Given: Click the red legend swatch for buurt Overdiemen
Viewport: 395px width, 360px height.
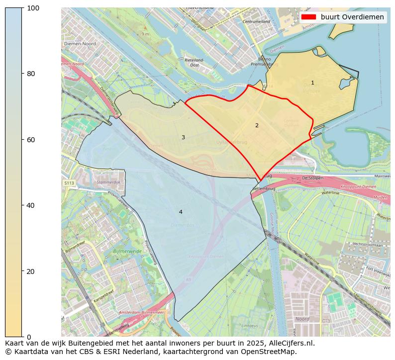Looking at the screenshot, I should [308, 17].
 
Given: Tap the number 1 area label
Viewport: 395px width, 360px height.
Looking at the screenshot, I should [312, 83].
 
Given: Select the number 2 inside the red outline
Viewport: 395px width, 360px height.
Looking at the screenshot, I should [257, 125].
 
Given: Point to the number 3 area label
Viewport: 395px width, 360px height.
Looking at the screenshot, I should [183, 137].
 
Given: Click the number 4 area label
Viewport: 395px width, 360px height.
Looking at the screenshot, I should [181, 212].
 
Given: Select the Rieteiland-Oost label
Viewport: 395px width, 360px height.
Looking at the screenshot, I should [192, 62].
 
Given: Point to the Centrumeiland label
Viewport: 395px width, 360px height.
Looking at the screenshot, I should [256, 22].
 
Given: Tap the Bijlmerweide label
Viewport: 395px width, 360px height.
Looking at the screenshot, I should [127, 252].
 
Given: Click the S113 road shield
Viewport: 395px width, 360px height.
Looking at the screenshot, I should [69, 183].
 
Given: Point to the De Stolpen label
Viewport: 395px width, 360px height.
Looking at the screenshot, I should [312, 178].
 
